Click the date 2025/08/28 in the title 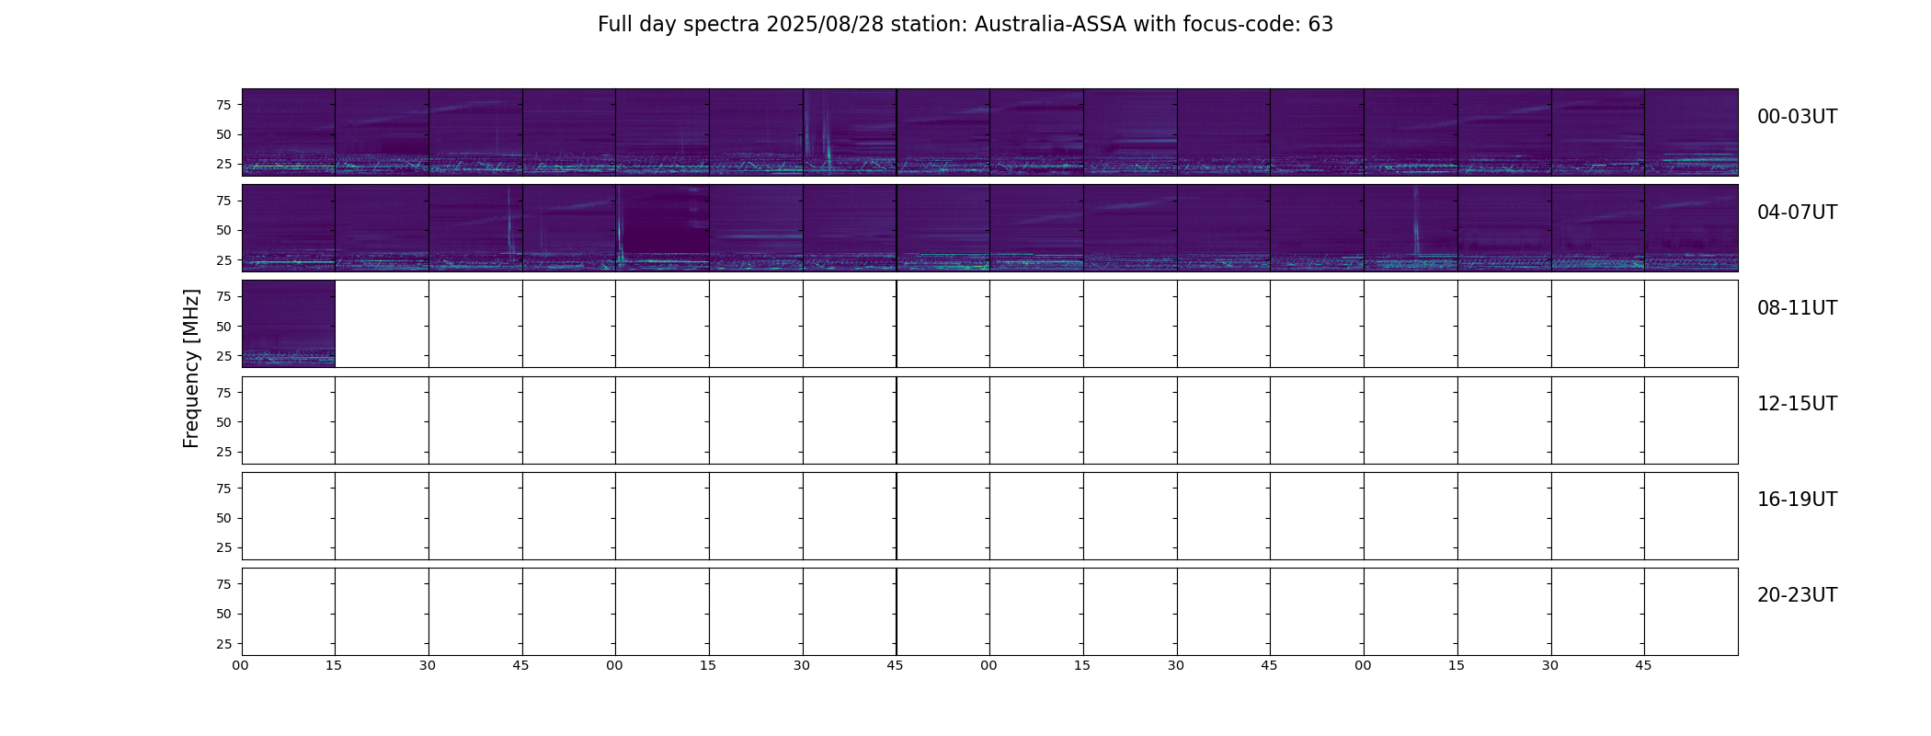tap(825, 25)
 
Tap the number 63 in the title tap(1320, 25)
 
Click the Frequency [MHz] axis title tap(191, 368)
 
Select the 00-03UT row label tap(1797, 117)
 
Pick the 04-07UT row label tap(1797, 213)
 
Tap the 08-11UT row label tap(1797, 308)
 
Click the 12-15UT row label tap(1797, 404)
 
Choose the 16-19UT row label tap(1797, 500)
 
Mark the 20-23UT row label tap(1797, 595)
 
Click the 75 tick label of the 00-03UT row tap(223, 105)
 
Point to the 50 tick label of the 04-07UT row tap(223, 230)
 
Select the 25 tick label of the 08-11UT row tap(223, 356)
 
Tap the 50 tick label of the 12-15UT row tap(223, 422)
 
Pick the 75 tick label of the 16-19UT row tap(223, 489)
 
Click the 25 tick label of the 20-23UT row tap(223, 643)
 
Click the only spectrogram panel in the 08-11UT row tap(289, 324)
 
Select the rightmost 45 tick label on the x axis tap(1643, 665)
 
